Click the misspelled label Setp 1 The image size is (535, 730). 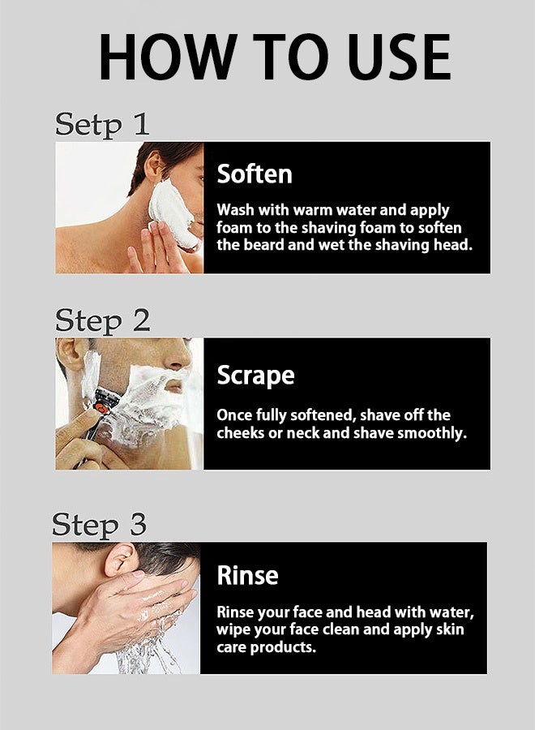(102, 124)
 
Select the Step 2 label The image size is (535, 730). (103, 320)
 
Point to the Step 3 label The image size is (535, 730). (100, 524)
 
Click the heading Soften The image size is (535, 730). (255, 174)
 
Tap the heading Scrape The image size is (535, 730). (255, 376)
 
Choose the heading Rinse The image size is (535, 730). (247, 575)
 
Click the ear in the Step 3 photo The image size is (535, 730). (121, 559)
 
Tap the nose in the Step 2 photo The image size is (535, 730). (177, 358)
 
